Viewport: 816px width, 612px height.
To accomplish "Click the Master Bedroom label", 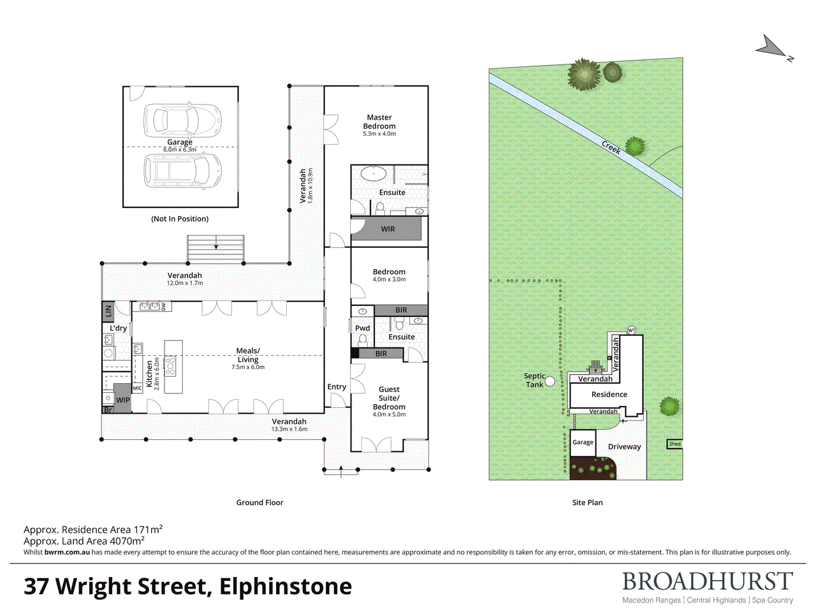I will coord(379,122).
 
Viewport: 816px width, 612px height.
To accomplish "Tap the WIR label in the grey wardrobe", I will coord(388,229).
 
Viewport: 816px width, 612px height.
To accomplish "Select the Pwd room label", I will coord(363,328).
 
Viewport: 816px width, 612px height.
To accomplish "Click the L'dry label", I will coord(118,328).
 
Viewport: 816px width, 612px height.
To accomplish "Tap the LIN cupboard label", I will coord(108,311).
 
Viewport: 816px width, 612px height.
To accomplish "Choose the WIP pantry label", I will coord(122,400).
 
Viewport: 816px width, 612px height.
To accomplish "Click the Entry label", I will coord(337,387).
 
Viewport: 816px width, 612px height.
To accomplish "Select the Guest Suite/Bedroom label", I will coord(389,398).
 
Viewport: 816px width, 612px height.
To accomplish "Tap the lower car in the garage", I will coord(184,170).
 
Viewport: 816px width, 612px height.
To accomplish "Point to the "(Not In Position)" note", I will coord(180,219).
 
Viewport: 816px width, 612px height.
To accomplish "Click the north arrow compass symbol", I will coord(773,47).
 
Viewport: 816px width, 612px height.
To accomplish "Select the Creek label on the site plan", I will coord(611,147).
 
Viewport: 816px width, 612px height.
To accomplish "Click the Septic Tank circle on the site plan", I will coord(550,382).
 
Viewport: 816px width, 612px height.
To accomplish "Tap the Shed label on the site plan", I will coord(674,444).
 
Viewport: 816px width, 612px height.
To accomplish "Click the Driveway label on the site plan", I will coord(624,447).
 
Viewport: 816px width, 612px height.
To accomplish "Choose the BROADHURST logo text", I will coord(708,581).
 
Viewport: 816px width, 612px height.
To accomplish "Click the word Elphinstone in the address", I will coord(286,586).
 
